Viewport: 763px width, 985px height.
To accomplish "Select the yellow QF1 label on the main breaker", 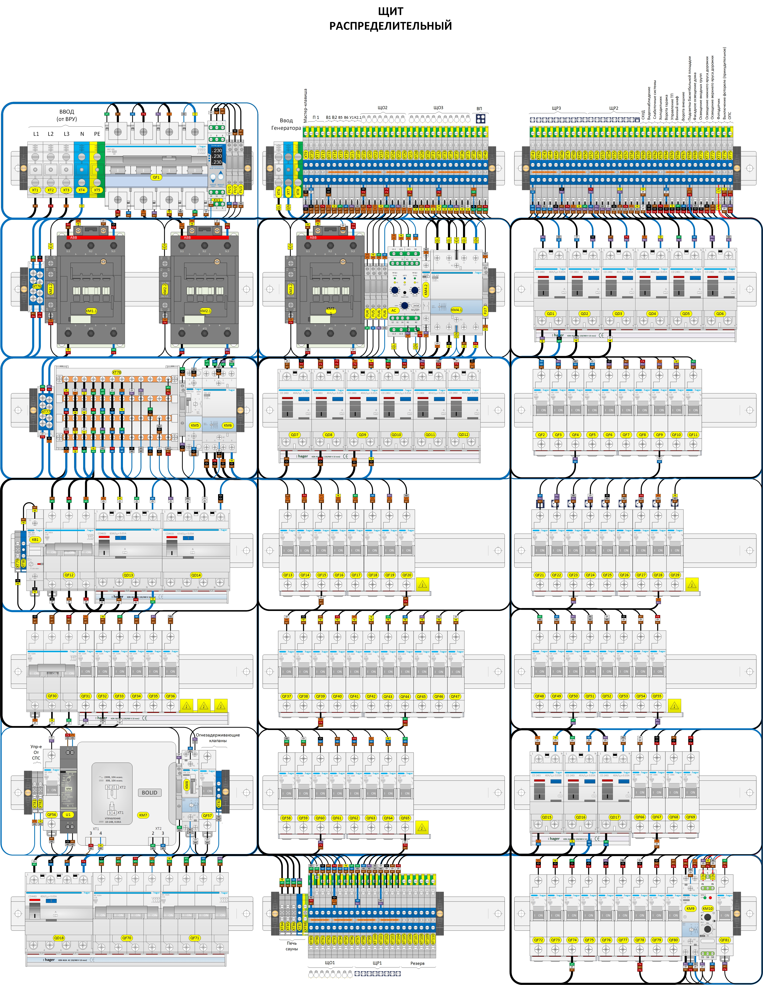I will (x=156, y=177).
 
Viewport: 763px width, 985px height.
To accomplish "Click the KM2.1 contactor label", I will (x=205, y=311).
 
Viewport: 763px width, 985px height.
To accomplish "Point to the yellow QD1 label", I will (x=551, y=313).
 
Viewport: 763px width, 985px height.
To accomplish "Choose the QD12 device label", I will (x=464, y=435).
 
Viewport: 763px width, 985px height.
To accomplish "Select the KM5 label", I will (x=195, y=425).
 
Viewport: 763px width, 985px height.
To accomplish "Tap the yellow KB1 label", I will (x=35, y=539).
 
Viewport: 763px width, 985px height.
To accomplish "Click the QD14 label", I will (x=196, y=575).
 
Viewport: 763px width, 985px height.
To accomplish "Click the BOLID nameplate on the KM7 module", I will (x=149, y=792).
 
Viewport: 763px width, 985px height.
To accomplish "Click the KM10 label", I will (x=707, y=908).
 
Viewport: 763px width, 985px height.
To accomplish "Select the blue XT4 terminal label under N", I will (x=82, y=190).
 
